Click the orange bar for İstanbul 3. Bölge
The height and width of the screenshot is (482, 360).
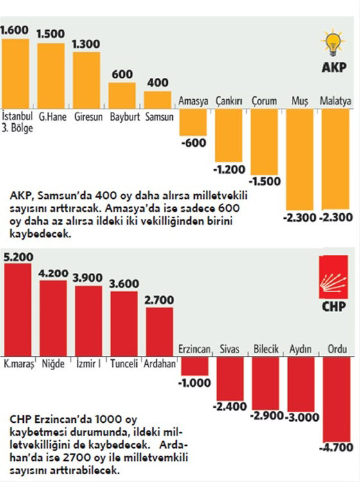(15, 73)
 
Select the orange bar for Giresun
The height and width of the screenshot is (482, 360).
(87, 79)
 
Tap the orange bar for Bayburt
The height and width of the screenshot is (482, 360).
(122, 94)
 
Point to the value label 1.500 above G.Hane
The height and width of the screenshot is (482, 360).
(51, 35)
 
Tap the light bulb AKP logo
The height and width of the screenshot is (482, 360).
(334, 45)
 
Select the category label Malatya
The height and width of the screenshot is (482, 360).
(337, 101)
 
